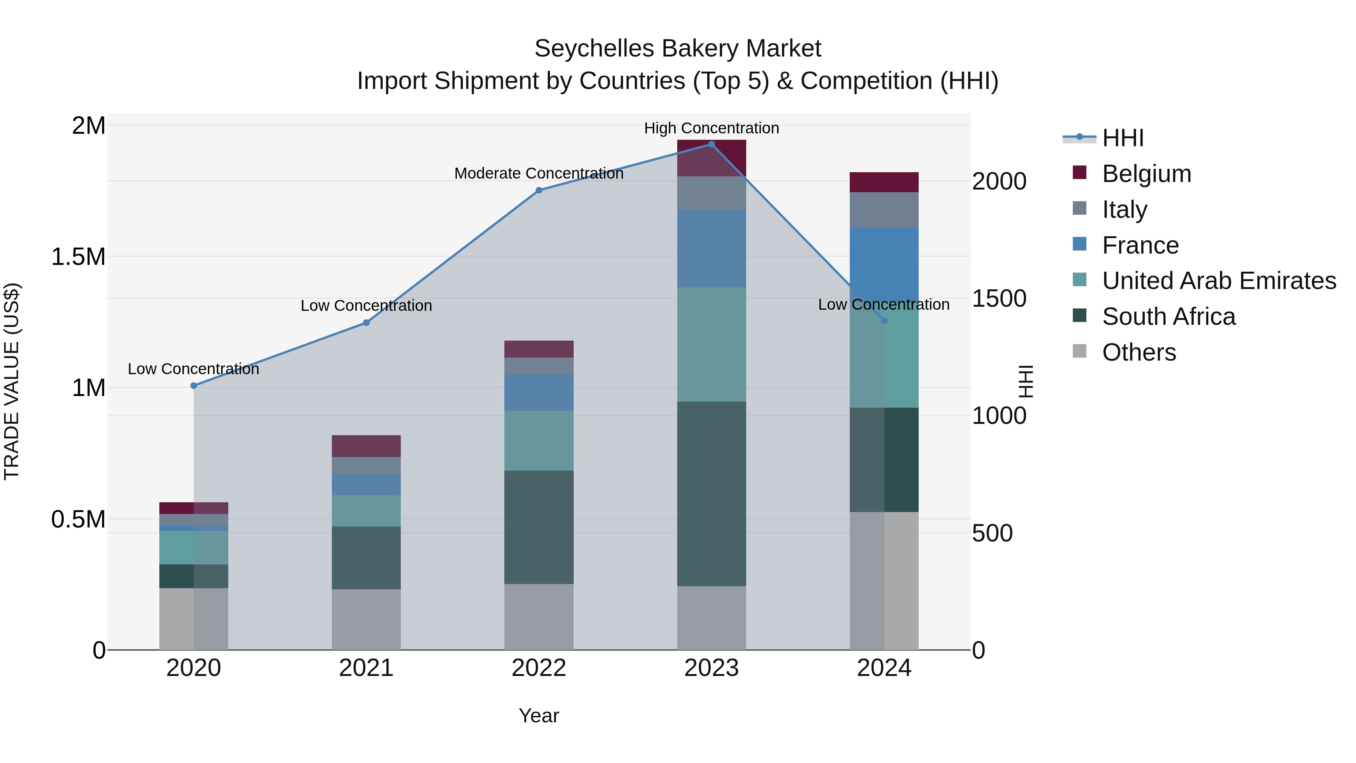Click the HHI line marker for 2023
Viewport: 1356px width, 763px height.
711,144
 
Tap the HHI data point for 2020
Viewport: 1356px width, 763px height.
194,385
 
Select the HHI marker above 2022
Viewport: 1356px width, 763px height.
539,191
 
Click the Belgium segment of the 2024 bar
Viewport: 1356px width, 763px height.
884,182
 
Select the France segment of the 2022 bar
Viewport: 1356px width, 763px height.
539,392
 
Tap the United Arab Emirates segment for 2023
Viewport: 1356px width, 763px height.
711,344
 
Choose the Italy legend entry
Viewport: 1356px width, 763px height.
1124,209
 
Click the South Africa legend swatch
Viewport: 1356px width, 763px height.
1079,316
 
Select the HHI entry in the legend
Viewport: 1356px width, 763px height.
1122,138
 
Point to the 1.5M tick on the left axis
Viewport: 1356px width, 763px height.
78,257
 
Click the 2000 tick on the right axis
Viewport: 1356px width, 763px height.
999,181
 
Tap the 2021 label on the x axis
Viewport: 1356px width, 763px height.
366,668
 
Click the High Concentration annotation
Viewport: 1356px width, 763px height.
711,128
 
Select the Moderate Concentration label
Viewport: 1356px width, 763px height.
539,173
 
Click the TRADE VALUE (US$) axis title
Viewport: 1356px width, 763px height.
12,381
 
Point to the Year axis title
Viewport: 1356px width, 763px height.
539,716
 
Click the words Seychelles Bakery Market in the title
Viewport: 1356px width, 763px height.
678,49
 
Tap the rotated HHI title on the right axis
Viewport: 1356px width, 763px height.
1025,381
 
